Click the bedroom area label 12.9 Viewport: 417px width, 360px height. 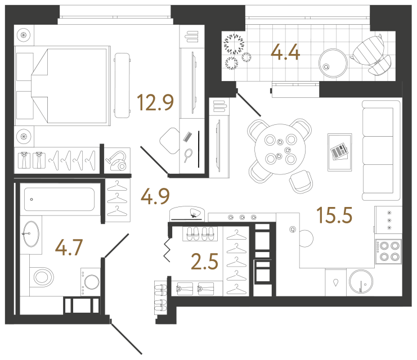pyautogui.click(x=155, y=103)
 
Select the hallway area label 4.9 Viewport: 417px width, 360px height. pyautogui.click(x=155, y=197)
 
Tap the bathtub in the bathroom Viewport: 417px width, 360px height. pyautogui.click(x=59, y=199)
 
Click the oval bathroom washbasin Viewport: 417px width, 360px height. pyautogui.click(x=30, y=233)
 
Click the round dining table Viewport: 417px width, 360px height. pyautogui.click(x=279, y=148)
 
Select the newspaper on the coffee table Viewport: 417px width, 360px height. pyautogui.click(x=339, y=151)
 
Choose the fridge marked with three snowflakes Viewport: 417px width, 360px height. pyautogui.click(x=388, y=219)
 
